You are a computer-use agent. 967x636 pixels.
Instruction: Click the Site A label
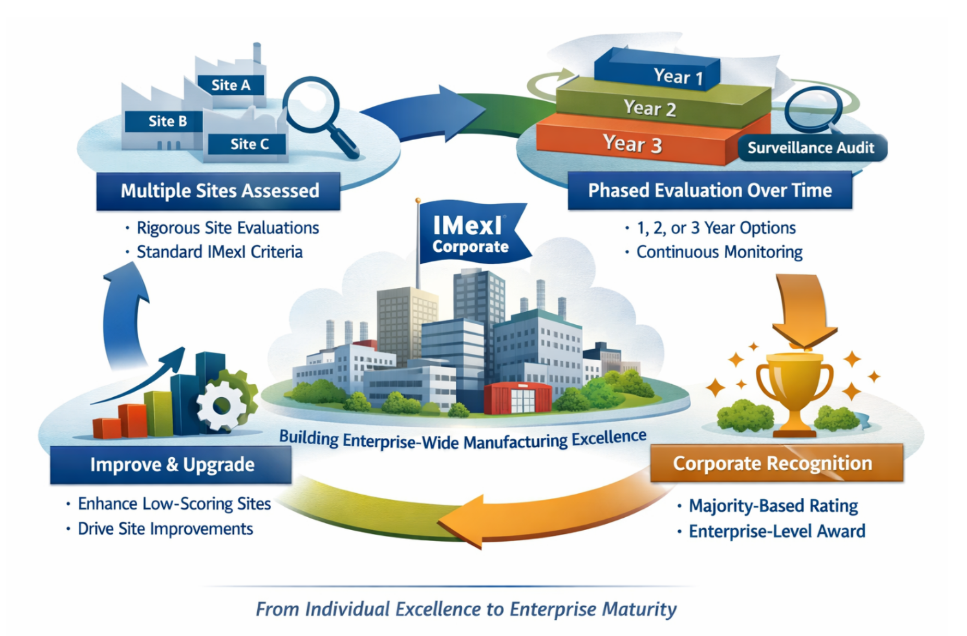[231, 85]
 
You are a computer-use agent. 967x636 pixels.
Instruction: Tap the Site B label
[167, 121]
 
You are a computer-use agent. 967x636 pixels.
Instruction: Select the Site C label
[249, 144]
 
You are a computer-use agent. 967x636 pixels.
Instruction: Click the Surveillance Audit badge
[811, 148]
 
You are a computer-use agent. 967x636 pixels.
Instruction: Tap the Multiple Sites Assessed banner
[219, 191]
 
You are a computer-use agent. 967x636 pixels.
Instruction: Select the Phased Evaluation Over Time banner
[709, 190]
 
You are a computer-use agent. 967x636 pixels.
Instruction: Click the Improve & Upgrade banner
[172, 464]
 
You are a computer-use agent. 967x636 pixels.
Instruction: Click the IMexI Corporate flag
[469, 233]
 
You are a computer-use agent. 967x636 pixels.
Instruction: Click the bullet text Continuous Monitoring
[719, 252]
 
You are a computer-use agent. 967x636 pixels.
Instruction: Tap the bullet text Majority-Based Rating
[773, 506]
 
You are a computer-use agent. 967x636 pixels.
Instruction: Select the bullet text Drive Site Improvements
[165, 529]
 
